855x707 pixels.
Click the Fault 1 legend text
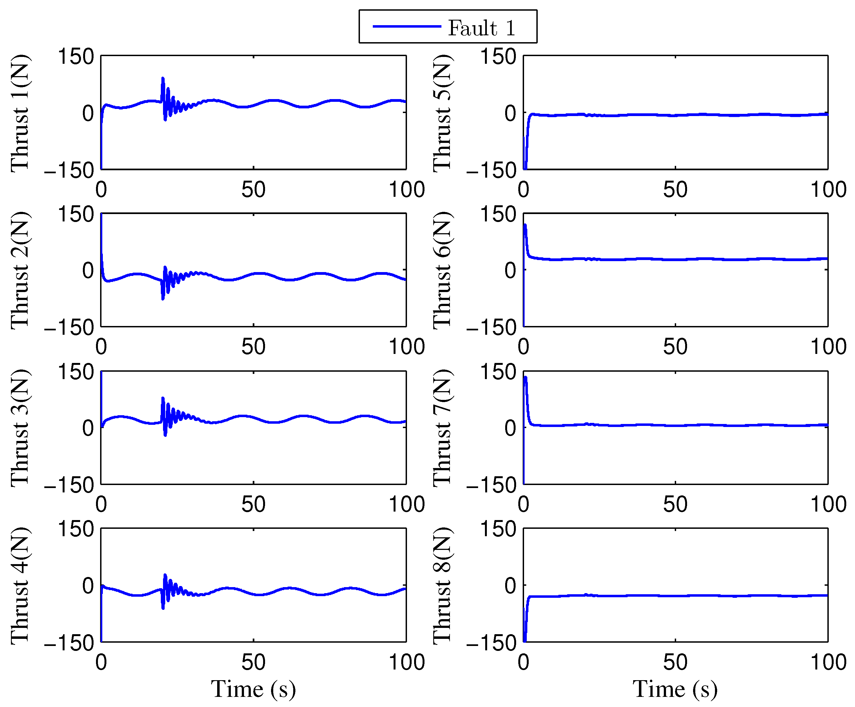pyautogui.click(x=481, y=28)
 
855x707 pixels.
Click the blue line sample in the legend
pyautogui.click(x=407, y=27)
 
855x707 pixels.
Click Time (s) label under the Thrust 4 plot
pyautogui.click(x=253, y=689)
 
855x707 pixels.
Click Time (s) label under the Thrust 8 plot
pyautogui.click(x=675, y=689)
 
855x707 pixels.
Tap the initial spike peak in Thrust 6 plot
pyautogui.click(x=525, y=225)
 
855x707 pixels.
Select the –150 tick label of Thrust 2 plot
pyautogui.click(x=69, y=327)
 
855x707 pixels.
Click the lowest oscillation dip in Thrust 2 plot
pyautogui.click(x=163, y=299)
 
